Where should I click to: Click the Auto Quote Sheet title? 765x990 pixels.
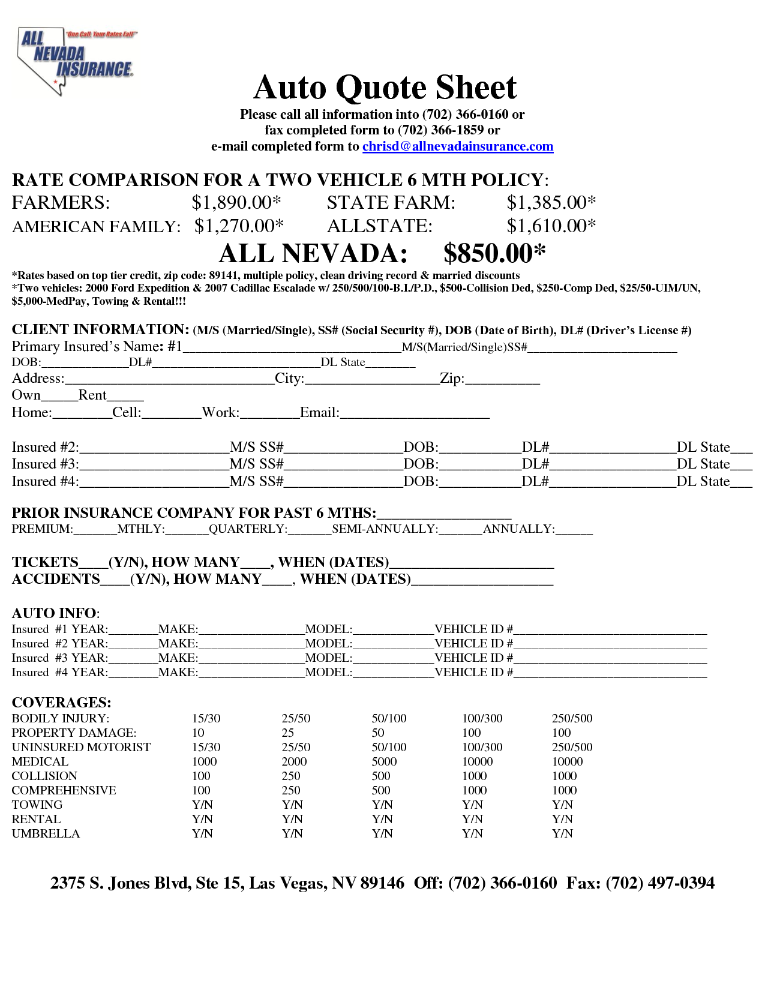click(385, 88)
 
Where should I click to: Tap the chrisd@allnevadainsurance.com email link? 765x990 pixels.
click(457, 146)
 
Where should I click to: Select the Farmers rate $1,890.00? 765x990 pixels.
click(236, 203)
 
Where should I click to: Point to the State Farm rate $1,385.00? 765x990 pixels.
click(551, 203)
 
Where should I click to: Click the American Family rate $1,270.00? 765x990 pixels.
click(238, 226)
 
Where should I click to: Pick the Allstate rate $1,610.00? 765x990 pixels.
click(551, 226)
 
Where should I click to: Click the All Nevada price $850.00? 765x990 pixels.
click(494, 254)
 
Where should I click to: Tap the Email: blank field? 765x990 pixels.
click(415, 414)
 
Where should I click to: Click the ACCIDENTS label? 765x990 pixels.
click(56, 579)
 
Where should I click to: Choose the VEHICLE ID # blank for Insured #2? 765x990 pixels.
click(610, 645)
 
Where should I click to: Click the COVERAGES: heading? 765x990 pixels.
click(61, 703)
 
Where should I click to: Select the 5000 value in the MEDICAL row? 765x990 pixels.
click(384, 761)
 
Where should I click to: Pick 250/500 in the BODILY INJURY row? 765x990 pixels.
click(572, 718)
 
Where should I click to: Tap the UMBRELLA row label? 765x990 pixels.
click(46, 833)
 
